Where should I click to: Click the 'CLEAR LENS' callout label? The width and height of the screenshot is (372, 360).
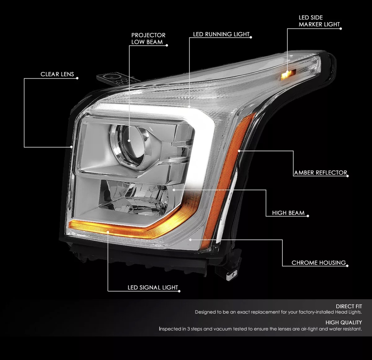point(57,74)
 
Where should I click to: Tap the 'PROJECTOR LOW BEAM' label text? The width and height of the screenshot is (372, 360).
point(148,39)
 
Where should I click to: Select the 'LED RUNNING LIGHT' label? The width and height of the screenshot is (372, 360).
point(221,34)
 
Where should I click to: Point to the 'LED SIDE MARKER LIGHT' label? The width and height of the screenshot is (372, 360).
point(319,21)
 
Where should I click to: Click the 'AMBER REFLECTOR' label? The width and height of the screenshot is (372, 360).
point(320,172)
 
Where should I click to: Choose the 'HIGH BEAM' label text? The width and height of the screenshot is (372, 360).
point(288,213)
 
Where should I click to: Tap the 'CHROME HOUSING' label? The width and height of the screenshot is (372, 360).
point(319,263)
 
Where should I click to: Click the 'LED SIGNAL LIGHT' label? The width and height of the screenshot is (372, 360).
point(153,287)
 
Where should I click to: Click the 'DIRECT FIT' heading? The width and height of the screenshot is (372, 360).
point(349,306)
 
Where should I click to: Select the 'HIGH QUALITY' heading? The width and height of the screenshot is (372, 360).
point(344,323)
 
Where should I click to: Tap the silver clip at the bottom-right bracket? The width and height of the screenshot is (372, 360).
point(230,276)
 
